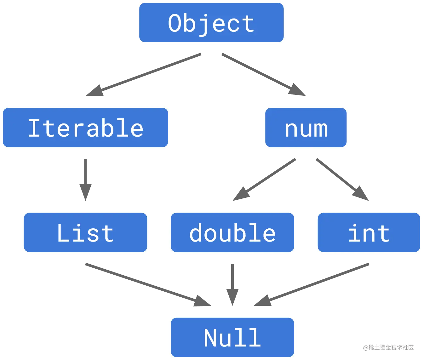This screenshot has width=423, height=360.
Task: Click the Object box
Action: (211, 23)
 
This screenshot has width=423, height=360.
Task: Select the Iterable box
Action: (86, 128)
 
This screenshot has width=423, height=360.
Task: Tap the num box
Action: (306, 128)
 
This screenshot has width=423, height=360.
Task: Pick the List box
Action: (85, 233)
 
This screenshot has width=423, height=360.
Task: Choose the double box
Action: (232, 233)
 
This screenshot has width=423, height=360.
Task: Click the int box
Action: (369, 233)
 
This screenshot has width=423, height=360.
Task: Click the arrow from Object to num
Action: (263, 74)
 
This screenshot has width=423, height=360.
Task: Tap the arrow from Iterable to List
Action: (85, 180)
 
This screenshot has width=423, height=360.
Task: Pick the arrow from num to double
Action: (265, 179)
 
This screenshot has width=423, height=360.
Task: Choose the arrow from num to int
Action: (342, 179)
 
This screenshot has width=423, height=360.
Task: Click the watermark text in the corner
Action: (388, 347)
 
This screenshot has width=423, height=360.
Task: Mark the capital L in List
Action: (63, 233)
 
